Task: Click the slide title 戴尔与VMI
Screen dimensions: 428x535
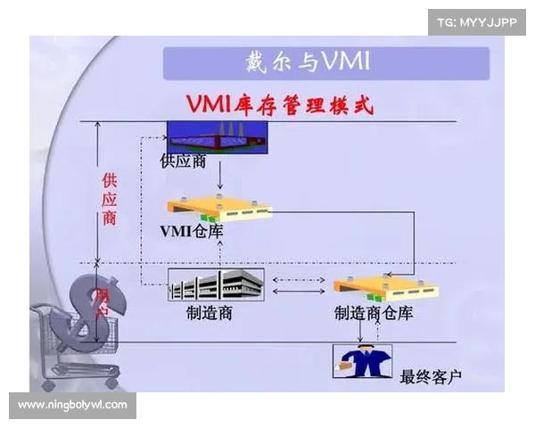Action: pos(308,62)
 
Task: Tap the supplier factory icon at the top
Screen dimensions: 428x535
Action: pos(218,136)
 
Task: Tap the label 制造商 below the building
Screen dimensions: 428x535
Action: pos(210,313)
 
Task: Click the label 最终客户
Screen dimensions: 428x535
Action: pos(432,376)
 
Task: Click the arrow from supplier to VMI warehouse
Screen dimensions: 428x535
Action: pos(219,176)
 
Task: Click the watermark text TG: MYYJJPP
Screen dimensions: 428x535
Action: pos(477,21)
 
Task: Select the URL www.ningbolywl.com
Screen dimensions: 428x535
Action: pos(72,405)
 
